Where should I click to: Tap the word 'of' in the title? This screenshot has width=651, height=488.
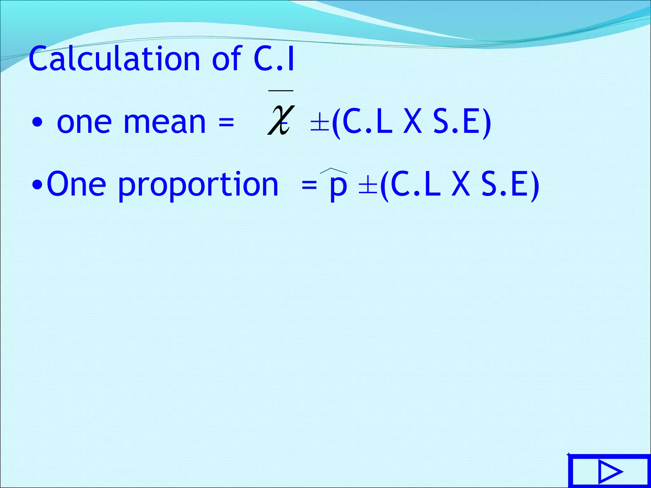[226, 59]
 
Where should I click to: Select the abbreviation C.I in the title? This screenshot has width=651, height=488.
[274, 59]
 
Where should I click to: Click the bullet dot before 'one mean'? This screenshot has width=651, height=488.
[37, 123]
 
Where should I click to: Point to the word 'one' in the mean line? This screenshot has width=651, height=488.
[84, 123]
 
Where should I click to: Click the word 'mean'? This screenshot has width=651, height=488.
[164, 123]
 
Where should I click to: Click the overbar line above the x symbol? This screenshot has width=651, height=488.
[281, 91]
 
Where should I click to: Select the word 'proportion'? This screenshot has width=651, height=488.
[198, 186]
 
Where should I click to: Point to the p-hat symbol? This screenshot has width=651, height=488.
[338, 186]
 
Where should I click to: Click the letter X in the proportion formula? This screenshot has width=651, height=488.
[460, 185]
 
